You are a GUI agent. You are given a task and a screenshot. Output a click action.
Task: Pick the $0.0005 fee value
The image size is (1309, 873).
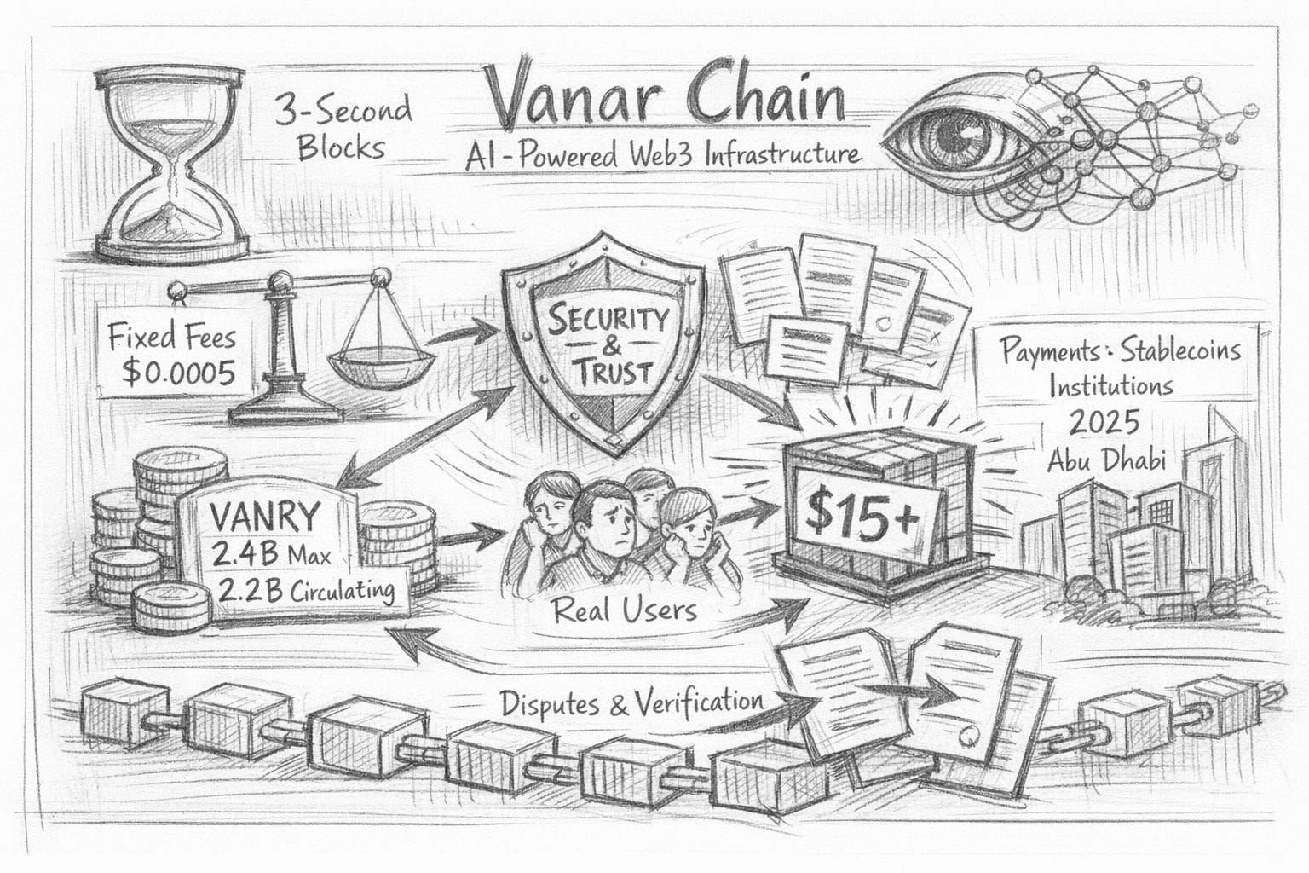pyautogui.click(x=178, y=373)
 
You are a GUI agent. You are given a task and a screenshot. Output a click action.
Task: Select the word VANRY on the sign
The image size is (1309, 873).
pyautogui.click(x=263, y=517)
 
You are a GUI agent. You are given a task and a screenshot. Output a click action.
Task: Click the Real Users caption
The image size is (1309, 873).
pyautogui.click(x=625, y=608)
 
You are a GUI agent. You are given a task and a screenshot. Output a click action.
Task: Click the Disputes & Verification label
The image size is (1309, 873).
pyautogui.click(x=631, y=702)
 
